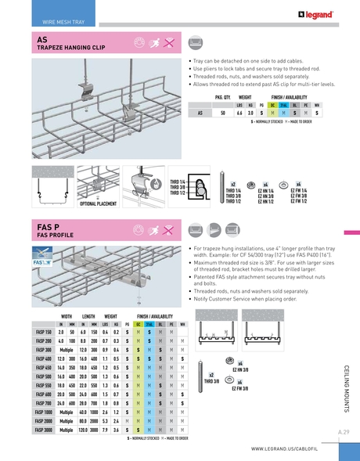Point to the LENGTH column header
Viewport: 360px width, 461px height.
(x=88, y=317)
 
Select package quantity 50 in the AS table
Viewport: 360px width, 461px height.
(x=224, y=113)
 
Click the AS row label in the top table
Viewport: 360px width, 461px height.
(x=201, y=113)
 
